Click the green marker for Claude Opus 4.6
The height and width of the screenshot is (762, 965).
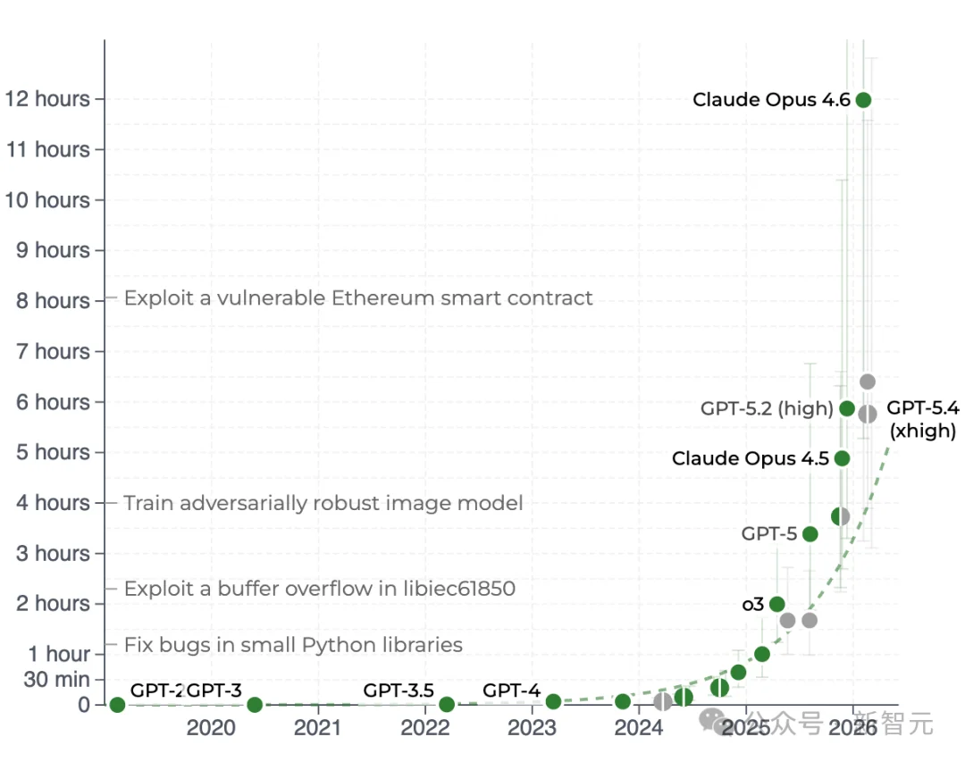(x=863, y=100)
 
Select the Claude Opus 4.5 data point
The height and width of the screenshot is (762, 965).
(x=842, y=458)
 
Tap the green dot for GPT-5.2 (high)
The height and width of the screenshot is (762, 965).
(x=847, y=409)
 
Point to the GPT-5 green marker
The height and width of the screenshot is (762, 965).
(x=810, y=534)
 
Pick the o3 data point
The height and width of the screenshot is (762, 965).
(x=777, y=604)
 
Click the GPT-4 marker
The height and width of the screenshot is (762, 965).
(x=553, y=702)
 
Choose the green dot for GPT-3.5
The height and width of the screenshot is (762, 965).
(x=447, y=705)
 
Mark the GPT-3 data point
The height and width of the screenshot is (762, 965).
(x=255, y=705)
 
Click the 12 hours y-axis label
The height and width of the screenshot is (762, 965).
(x=48, y=99)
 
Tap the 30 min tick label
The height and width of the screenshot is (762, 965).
(x=56, y=680)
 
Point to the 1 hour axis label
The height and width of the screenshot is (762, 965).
(x=59, y=655)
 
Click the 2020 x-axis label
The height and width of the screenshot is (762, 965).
(x=211, y=728)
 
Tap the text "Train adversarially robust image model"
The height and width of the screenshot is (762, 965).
(x=323, y=503)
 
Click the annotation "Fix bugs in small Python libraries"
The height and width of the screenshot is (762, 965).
(x=293, y=645)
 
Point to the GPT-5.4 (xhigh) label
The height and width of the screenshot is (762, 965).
(x=922, y=420)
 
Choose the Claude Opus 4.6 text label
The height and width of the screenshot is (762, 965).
(x=771, y=100)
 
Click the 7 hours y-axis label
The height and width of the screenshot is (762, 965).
(x=54, y=352)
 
